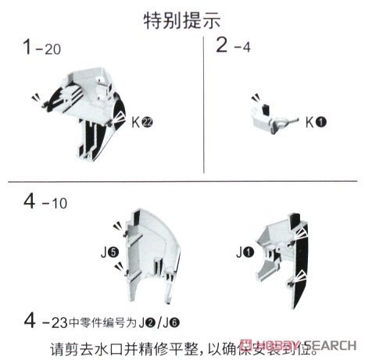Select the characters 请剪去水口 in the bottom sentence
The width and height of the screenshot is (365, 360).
pyautogui.click(x=74, y=344)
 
